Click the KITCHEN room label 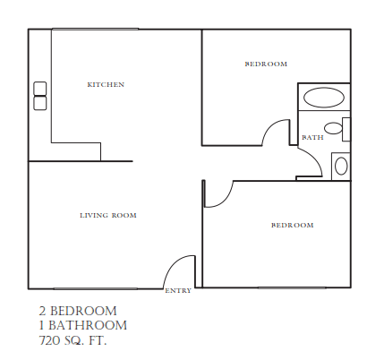[105, 85]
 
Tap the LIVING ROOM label [107, 216]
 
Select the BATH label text [312, 138]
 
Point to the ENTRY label [177, 291]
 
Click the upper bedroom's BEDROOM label [266, 64]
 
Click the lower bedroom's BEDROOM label [292, 225]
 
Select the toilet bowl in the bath [334, 128]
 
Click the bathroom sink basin [341, 166]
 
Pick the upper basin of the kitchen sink [40, 89]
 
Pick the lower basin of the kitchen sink [40, 103]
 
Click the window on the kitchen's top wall [94, 30]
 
